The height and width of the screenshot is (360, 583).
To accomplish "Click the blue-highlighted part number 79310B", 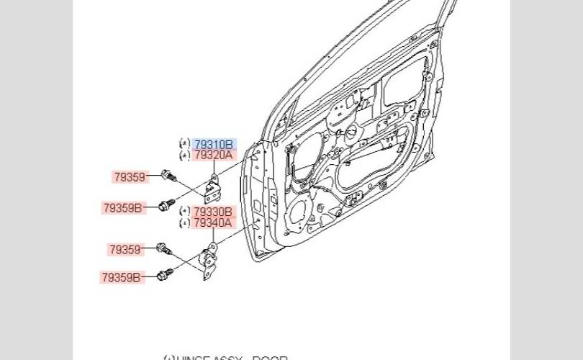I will (213, 144).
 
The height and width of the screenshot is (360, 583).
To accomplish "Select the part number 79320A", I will (213, 155).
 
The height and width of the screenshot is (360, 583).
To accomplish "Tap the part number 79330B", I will (213, 212).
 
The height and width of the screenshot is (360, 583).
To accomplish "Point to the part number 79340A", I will (213, 222).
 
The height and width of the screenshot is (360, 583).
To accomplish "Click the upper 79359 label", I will (130, 176).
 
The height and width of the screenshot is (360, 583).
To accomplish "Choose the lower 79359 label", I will (125, 250).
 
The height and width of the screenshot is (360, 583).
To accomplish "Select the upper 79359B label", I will (122, 208).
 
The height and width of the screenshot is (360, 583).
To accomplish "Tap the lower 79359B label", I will (121, 276).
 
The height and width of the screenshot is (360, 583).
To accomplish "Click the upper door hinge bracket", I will (213, 188).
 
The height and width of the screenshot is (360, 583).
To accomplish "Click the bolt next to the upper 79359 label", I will (170, 176).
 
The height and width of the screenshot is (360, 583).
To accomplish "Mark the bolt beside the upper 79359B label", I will (166, 205).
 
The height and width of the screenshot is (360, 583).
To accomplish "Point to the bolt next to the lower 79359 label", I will (163, 249).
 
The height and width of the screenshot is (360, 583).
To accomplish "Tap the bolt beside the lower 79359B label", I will (165, 274).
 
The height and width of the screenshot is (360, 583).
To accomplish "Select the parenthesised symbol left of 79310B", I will (184, 144).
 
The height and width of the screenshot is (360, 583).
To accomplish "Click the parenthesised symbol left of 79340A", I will (184, 222).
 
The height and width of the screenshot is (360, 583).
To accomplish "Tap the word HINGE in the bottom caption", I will (194, 358).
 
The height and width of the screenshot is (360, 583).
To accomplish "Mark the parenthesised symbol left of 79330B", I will (184, 212).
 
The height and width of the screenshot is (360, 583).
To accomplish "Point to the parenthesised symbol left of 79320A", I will (184, 155).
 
